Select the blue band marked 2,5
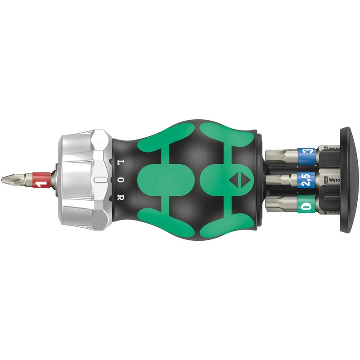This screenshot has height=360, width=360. point(306,180)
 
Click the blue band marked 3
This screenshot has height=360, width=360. point(307,153)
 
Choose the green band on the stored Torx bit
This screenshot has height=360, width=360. point(307,207)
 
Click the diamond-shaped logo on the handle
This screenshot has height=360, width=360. point(235,180)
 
